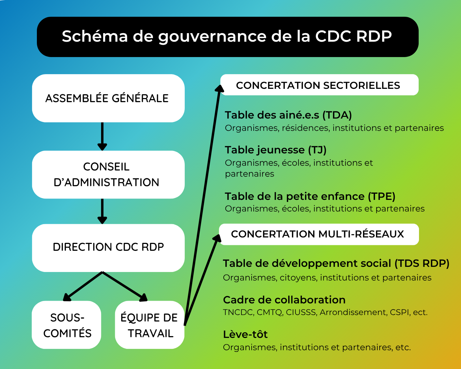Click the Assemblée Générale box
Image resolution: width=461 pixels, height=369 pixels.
(108, 98)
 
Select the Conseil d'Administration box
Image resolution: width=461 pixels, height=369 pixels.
(108, 175)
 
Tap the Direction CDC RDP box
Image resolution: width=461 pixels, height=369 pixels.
(108, 248)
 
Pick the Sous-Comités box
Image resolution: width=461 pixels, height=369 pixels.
(66, 325)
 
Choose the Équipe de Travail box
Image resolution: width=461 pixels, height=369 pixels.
(150, 325)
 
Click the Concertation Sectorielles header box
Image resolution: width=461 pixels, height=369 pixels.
(319, 85)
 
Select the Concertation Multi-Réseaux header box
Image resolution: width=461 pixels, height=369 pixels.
(319, 234)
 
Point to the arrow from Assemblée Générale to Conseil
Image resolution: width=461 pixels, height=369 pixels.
(102, 136)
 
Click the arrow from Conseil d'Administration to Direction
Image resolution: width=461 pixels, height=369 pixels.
(102, 211)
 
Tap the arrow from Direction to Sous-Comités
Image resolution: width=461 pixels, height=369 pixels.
(83, 286)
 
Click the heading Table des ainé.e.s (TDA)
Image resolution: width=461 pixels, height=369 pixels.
(288, 115)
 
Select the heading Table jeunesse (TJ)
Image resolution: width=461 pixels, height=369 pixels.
(276, 150)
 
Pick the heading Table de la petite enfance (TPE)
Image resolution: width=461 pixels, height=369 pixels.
(310, 196)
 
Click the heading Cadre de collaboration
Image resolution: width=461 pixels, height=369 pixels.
(284, 300)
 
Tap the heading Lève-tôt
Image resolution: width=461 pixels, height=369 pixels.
(245, 334)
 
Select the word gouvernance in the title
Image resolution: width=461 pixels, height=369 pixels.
(212, 36)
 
